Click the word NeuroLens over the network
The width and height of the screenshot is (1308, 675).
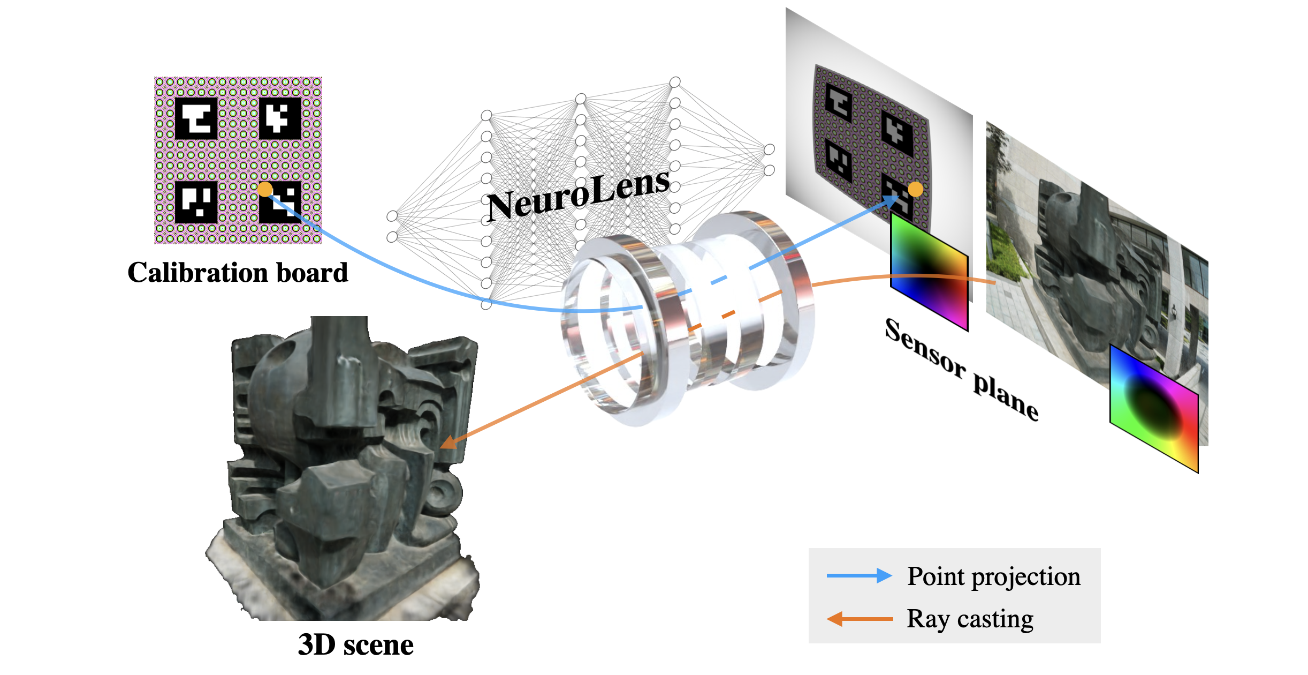point(578,196)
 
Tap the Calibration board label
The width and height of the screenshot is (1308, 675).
point(238,273)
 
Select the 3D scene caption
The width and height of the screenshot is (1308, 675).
point(355,644)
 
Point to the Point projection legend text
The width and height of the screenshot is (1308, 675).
point(994,576)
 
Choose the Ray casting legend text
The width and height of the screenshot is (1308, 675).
point(970,619)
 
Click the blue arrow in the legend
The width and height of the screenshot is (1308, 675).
point(859,576)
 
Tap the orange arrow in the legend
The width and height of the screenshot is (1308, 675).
point(859,619)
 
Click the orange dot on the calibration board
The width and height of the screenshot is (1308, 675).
point(265,189)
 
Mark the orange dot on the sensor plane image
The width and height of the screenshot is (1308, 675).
point(916,189)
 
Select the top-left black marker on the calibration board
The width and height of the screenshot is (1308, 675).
point(196,118)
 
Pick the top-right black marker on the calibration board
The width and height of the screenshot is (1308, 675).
point(280,118)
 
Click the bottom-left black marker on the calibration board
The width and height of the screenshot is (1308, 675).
point(196,202)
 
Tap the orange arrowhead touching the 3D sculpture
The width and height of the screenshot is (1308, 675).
point(447,442)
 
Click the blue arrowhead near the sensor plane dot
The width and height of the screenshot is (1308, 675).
point(891,201)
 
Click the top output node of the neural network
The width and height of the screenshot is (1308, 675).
point(769,149)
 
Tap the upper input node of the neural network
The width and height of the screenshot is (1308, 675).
point(392,216)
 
